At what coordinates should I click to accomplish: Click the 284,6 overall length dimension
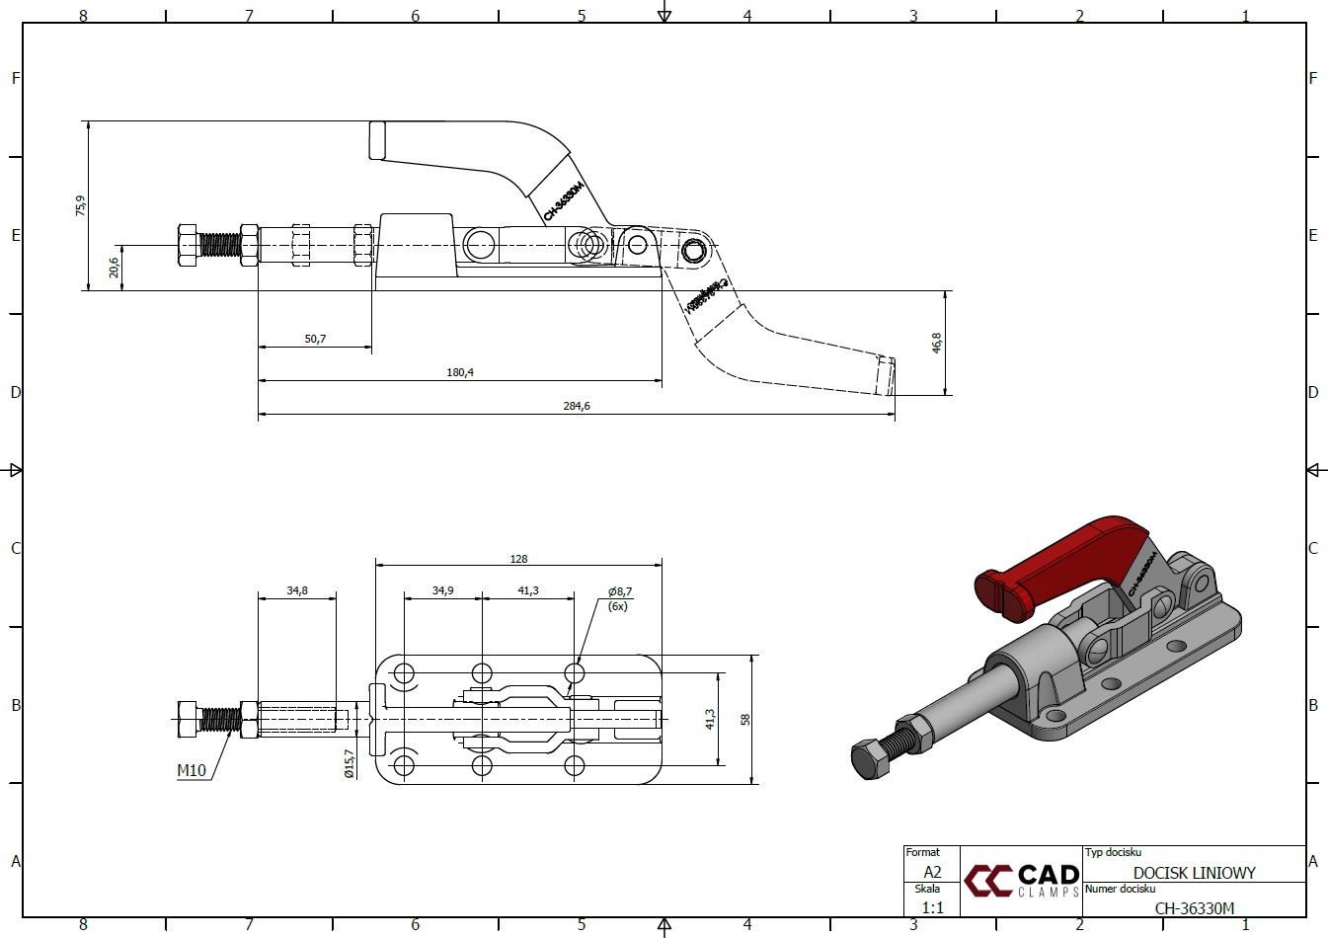[x=579, y=406]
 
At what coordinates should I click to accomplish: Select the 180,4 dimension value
[x=460, y=372]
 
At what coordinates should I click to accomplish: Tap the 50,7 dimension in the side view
[x=315, y=339]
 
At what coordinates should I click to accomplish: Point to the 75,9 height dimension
[x=80, y=205]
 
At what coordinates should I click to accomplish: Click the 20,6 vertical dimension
[x=114, y=267]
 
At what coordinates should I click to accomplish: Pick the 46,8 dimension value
[x=936, y=342]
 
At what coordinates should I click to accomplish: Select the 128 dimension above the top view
[x=518, y=559]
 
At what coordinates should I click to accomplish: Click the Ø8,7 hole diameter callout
[x=619, y=591]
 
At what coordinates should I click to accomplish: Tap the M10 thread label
[x=192, y=770]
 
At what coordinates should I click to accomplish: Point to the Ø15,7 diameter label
[x=349, y=764]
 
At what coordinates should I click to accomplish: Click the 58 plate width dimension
[x=746, y=719]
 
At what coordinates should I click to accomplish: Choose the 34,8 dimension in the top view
[x=297, y=590]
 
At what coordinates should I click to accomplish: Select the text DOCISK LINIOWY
[x=1194, y=873]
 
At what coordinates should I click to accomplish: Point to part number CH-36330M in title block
[x=1194, y=908]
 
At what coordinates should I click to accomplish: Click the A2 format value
[x=932, y=872]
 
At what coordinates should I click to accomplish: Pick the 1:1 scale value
[x=932, y=907]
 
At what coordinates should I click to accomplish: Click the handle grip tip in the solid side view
[x=377, y=140]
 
